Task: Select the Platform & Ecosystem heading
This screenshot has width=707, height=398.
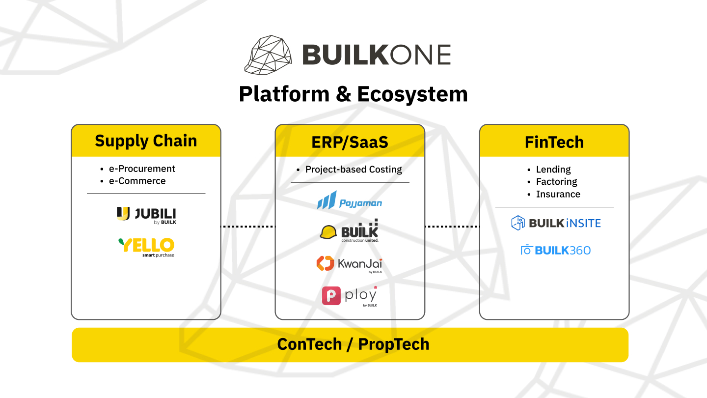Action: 353,94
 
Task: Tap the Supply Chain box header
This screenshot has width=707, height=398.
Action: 146,141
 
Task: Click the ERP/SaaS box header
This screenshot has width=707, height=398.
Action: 350,142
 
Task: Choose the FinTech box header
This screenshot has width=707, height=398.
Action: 554,142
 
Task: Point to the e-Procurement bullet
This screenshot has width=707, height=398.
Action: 141,169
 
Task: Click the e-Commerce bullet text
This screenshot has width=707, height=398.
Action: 137,181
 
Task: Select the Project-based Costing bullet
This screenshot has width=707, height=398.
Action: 353,170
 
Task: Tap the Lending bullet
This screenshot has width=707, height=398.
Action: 553,170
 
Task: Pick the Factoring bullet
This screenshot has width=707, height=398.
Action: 556,182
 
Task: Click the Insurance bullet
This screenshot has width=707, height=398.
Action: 558,194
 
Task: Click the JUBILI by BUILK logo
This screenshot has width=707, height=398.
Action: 146,215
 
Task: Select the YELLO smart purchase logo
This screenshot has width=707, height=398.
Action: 146,247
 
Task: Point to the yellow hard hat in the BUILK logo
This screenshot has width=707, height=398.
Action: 328,232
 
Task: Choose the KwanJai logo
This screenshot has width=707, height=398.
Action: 350,264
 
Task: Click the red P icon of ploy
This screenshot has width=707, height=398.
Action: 331,296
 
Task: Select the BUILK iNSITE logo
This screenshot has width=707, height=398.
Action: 556,223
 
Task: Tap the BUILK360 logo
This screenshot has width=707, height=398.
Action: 556,250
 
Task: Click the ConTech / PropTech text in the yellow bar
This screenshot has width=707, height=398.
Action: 353,344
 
